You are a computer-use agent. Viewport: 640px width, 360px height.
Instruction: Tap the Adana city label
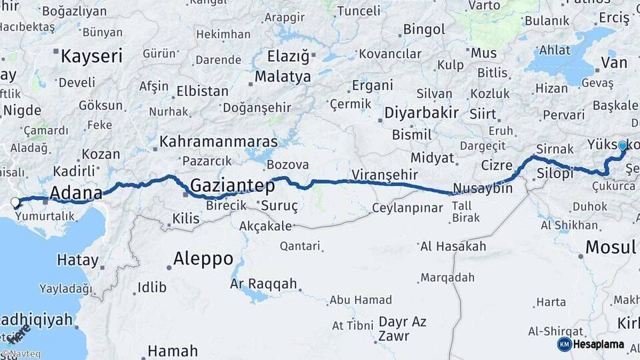(76, 193)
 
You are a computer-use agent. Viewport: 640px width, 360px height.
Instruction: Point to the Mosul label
(610, 247)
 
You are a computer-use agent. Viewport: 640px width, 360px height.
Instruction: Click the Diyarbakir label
(421, 113)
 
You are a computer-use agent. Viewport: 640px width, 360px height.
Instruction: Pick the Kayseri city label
(91, 55)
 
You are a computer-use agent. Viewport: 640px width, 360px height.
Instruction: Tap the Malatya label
(282, 77)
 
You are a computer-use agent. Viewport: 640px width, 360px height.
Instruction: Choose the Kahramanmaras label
(219, 141)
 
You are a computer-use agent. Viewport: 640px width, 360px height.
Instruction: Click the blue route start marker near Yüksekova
(623, 145)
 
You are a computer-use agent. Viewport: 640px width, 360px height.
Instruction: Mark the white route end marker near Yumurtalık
(15, 201)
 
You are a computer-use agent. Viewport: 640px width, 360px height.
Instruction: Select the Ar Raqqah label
(263, 283)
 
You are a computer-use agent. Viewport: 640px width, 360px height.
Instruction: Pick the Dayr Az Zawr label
(402, 329)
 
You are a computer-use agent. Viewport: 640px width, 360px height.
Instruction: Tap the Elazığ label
(289, 56)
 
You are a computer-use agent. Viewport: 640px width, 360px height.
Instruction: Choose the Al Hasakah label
(453, 247)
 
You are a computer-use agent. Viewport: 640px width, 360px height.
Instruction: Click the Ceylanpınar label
(407, 208)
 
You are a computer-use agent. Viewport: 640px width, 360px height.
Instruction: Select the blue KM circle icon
(564, 344)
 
